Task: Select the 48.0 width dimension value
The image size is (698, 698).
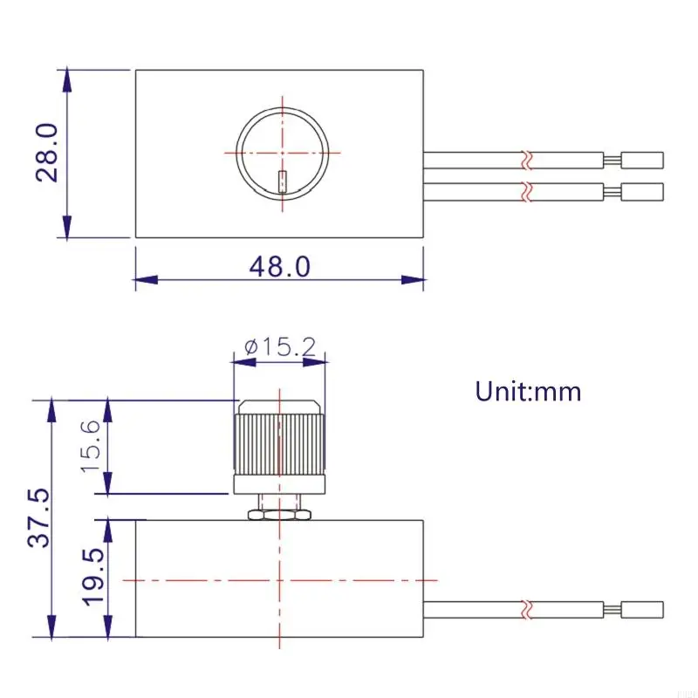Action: (279, 266)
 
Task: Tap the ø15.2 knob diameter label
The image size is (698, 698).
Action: (279, 346)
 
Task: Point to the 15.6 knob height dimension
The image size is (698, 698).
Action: (92, 445)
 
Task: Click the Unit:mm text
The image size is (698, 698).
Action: (528, 391)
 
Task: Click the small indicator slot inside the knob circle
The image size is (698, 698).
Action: (282, 181)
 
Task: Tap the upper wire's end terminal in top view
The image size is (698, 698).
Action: (642, 161)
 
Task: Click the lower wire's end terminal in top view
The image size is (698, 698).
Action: (642, 191)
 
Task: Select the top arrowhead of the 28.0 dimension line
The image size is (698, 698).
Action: (66, 79)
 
